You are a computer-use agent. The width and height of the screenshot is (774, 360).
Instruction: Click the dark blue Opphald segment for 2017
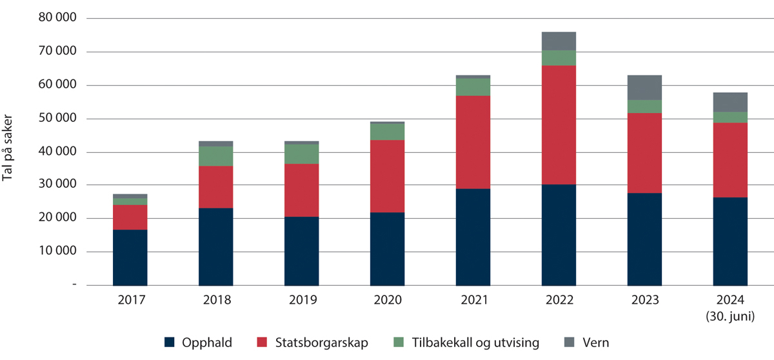(130, 257)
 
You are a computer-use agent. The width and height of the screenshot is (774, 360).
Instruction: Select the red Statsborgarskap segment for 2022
(559, 125)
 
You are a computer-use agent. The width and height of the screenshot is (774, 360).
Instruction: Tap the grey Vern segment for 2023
(644, 88)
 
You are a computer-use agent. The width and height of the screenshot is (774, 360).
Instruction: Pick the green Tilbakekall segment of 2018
(215, 156)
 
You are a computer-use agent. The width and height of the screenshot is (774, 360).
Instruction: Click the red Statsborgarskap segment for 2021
(473, 142)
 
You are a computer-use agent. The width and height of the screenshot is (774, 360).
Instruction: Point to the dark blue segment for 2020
(387, 248)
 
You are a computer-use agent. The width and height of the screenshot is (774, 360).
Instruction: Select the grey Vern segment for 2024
(730, 102)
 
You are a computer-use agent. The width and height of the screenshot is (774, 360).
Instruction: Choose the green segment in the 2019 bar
(301, 154)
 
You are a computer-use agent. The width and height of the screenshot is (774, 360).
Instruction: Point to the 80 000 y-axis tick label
(57, 19)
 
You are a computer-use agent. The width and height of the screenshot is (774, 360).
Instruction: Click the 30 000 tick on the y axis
(57, 185)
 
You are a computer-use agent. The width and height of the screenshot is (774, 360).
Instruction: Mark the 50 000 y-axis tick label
(57, 119)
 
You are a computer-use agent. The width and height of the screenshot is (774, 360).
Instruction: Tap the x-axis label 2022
(559, 300)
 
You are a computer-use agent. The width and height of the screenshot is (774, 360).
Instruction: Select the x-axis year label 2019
(301, 300)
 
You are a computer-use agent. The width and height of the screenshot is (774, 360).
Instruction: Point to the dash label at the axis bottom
(74, 285)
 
